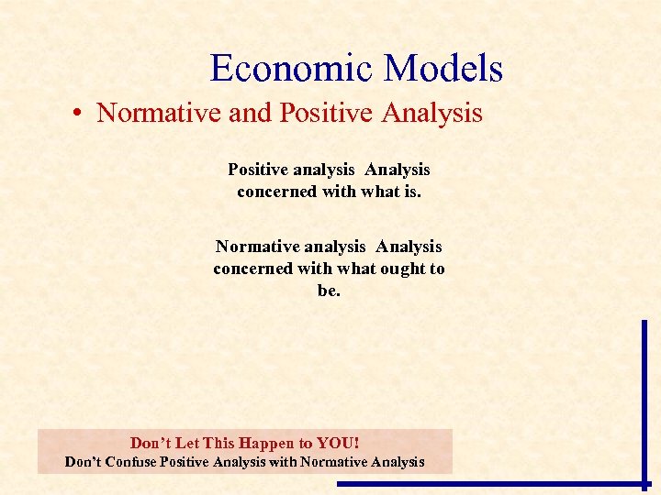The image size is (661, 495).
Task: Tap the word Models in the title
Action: (444, 70)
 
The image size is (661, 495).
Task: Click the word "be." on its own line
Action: (329, 291)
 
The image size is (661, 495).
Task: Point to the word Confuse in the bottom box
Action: (130, 462)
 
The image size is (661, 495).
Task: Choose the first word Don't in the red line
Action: (150, 443)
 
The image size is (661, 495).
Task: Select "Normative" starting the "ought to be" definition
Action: (251, 247)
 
